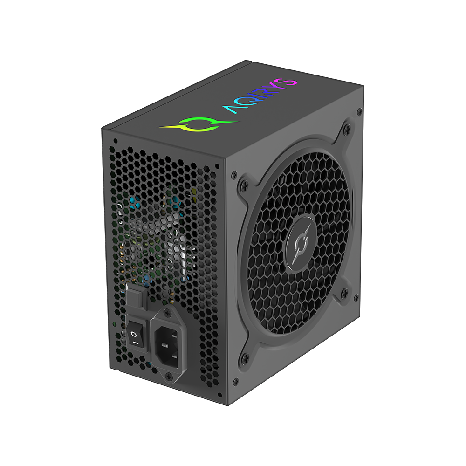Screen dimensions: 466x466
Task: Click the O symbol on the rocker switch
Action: (x=134, y=335)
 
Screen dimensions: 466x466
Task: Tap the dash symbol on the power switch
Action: (x=135, y=343)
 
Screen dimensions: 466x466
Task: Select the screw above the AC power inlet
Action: (x=168, y=312)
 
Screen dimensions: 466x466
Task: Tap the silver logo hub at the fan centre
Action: (x=300, y=244)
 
